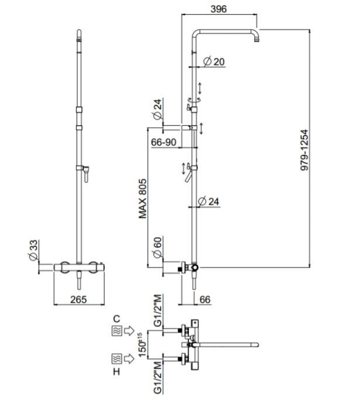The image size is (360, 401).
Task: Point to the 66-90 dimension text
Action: [164, 142]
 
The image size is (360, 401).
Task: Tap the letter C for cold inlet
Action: [116, 319]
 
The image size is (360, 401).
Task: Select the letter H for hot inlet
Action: [116, 371]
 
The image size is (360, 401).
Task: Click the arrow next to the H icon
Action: [130, 357]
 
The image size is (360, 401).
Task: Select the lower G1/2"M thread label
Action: [156, 380]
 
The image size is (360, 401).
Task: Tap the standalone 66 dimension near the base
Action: [205, 299]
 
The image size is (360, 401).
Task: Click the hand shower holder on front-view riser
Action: [85, 171]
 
